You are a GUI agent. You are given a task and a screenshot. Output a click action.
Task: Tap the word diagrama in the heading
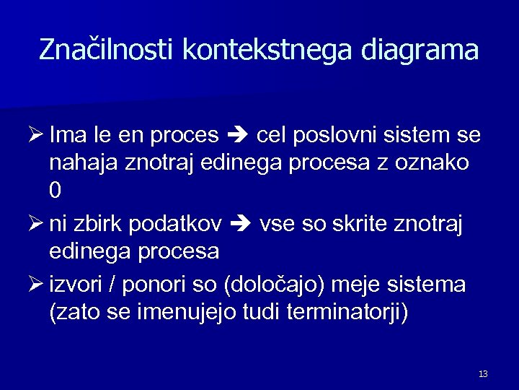(420, 50)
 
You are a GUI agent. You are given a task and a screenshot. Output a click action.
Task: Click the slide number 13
(483, 373)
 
